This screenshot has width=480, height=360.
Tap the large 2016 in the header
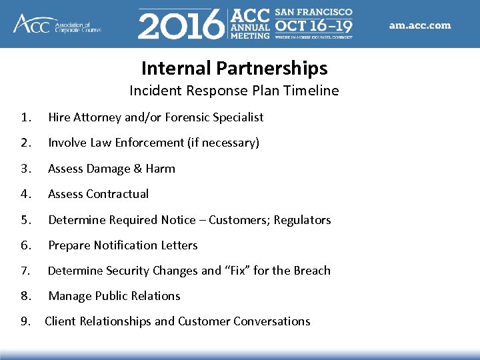tap(181, 26)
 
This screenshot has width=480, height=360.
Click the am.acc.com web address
tap(420, 26)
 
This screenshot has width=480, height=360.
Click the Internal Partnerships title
tap(234, 68)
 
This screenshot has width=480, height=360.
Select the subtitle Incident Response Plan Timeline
tap(234, 91)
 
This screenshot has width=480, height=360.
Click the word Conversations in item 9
tap(271, 321)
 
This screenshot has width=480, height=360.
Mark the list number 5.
tap(25, 220)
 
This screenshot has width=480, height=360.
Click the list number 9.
tap(25, 321)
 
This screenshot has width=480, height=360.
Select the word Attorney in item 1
tap(96, 117)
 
